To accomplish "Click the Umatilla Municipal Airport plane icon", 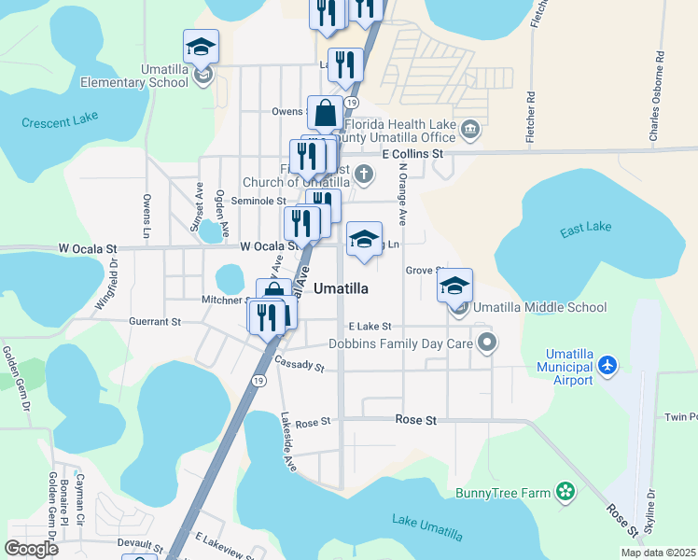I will point(607,364).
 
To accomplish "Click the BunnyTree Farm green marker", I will point(564,491).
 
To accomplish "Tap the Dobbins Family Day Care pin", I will point(485,343).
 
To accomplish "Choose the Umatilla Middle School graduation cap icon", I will point(454,285).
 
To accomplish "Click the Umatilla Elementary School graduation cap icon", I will point(201,47).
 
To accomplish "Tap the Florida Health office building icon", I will point(470,128).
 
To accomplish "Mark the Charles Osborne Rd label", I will point(659,97).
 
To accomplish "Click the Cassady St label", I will point(299,364).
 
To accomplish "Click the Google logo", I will point(32,549).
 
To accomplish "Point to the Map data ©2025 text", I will point(658,553).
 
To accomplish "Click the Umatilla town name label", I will point(340,288).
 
